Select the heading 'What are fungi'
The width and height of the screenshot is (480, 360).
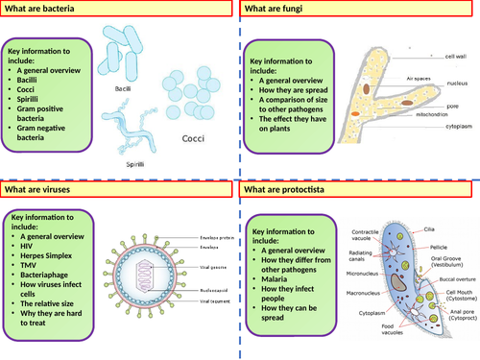[x=275, y=10]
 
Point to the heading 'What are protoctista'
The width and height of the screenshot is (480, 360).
[x=286, y=191]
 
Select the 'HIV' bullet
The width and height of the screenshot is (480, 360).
[x=28, y=241]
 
